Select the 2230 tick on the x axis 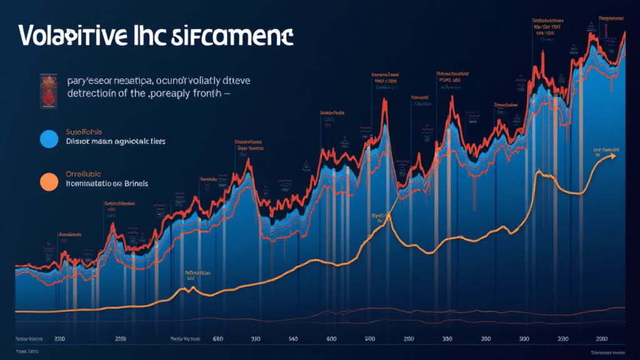(562, 339)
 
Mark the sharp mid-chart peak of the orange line (389, 215)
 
